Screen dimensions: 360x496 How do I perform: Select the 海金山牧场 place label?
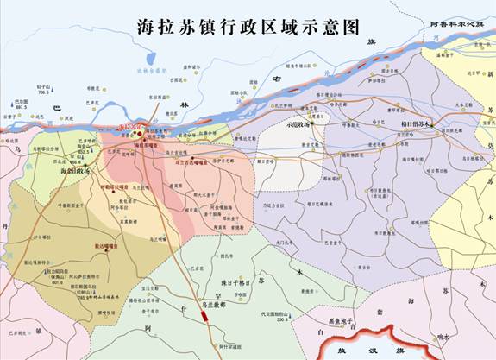click(77, 171)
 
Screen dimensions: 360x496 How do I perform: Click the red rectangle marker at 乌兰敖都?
click(204, 317)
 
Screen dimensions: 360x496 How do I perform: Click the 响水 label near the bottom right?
click(443, 338)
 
